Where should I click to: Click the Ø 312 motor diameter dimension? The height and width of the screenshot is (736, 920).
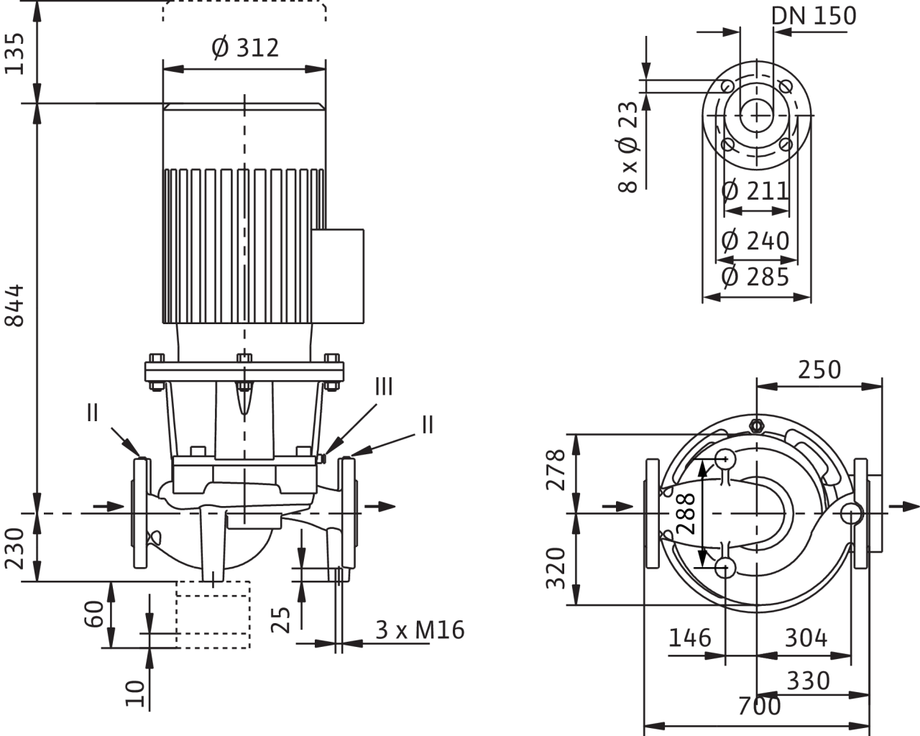pyautogui.click(x=245, y=48)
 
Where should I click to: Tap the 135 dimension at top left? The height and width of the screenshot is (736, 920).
pyautogui.click(x=15, y=53)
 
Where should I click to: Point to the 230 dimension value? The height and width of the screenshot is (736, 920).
pyautogui.click(x=15, y=548)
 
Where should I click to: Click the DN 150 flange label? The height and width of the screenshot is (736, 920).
pyautogui.click(x=814, y=16)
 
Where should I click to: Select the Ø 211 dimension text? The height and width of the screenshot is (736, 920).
pyautogui.click(x=754, y=191)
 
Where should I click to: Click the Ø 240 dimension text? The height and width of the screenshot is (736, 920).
pyautogui.click(x=754, y=239)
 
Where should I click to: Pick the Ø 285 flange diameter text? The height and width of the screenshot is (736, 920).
pyautogui.click(x=754, y=277)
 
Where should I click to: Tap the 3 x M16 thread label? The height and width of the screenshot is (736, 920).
pyautogui.click(x=420, y=630)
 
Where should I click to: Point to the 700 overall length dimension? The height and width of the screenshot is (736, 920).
pyautogui.click(x=758, y=706)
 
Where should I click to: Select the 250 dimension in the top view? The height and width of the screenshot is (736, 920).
pyautogui.click(x=819, y=369)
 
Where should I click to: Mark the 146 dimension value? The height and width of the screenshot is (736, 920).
pyautogui.click(x=690, y=637)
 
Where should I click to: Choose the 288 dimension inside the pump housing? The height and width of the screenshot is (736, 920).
pyautogui.click(x=688, y=512)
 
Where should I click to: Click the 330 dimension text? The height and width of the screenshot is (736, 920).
pyautogui.click(x=808, y=680)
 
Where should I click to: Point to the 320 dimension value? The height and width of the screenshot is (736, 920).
pyautogui.click(x=556, y=568)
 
